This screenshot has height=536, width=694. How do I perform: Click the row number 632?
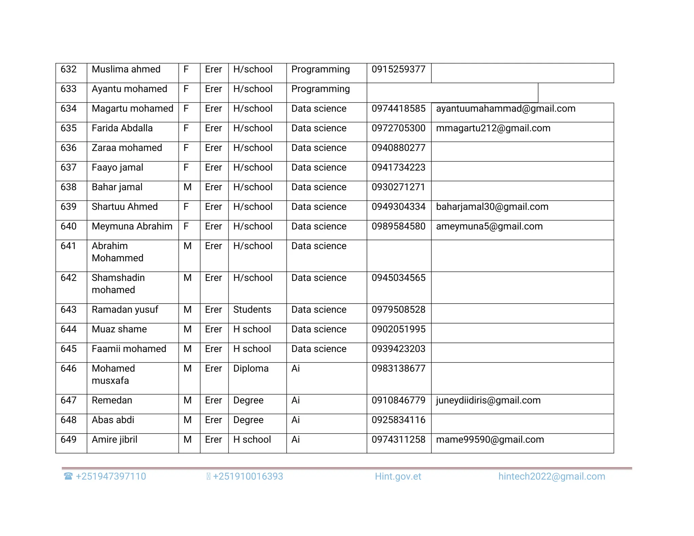coord(68,69)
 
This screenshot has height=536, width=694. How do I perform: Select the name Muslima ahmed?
coord(126,69)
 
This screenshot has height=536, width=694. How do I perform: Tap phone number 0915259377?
coord(398,69)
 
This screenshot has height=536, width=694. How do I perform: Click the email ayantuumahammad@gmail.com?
coord(506,109)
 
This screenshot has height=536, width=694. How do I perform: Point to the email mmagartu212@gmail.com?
coord(493,128)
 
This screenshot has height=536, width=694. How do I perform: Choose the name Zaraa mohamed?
coord(127,148)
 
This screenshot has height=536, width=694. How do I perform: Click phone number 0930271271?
coord(398,187)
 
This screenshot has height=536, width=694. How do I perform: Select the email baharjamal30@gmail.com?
coord(492,207)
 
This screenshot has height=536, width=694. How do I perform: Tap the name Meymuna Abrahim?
coord(132,227)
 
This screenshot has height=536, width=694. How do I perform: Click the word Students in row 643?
coord(252,310)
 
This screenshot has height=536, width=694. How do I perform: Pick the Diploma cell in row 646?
coord(251,369)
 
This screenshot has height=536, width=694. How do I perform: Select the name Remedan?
coord(112,400)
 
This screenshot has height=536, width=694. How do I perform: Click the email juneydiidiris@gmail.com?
coord(488,400)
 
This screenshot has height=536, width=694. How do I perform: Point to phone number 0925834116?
coord(398,420)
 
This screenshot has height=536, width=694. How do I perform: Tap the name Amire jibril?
coord(115,440)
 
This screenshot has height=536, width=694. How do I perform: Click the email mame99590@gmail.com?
coord(490,440)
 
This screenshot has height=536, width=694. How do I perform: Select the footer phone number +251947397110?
coord(111,477)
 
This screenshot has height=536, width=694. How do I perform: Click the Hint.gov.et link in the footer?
coord(398,477)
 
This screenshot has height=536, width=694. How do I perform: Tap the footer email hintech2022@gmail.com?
coord(552,477)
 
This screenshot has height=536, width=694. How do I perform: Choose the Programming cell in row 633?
coord(321,89)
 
